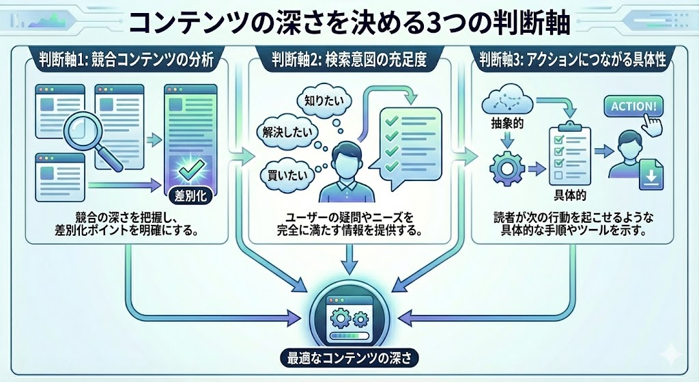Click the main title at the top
click(x=349, y=23)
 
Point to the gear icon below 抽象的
click(x=507, y=167)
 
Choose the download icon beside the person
click(x=652, y=176)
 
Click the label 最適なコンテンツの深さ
click(x=349, y=357)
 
